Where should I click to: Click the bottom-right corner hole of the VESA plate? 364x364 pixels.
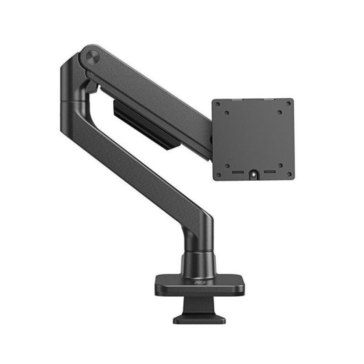tap(286, 174)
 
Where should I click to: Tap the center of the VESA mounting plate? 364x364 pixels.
tap(253, 139)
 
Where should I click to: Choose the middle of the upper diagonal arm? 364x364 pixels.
tap(151, 89)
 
